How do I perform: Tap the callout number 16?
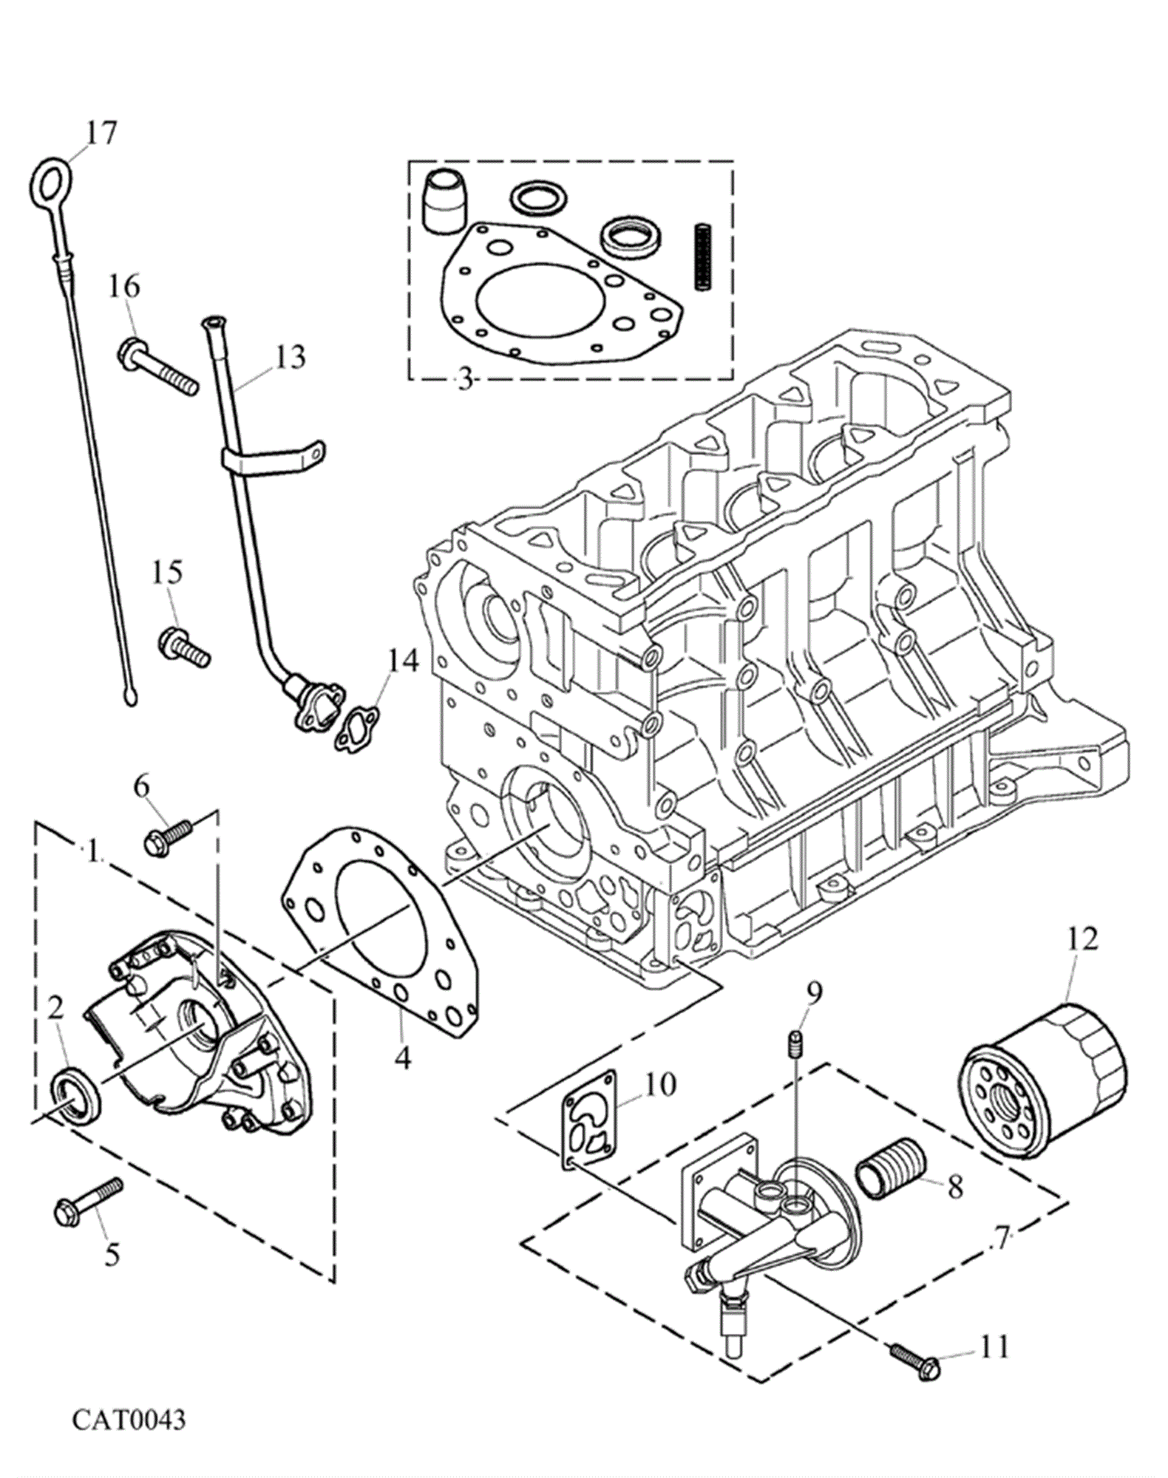click(125, 285)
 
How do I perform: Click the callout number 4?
click(401, 1058)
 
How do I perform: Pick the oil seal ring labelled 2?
click(73, 1095)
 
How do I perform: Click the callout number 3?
click(464, 381)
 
